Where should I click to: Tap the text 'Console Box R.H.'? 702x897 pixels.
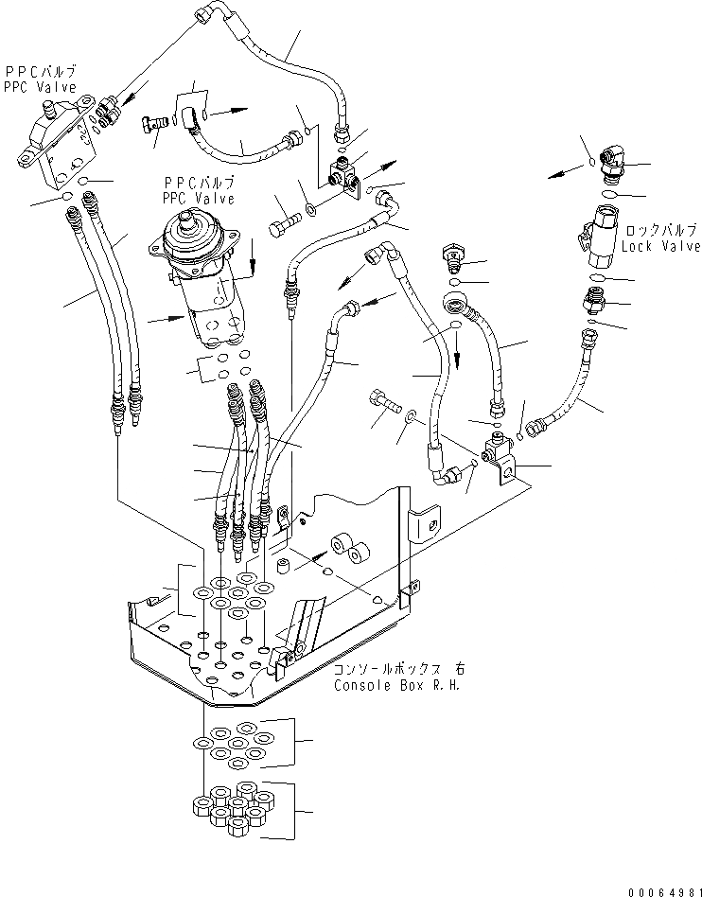click(x=396, y=685)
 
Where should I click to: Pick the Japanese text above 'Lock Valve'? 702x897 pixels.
click(x=661, y=230)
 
